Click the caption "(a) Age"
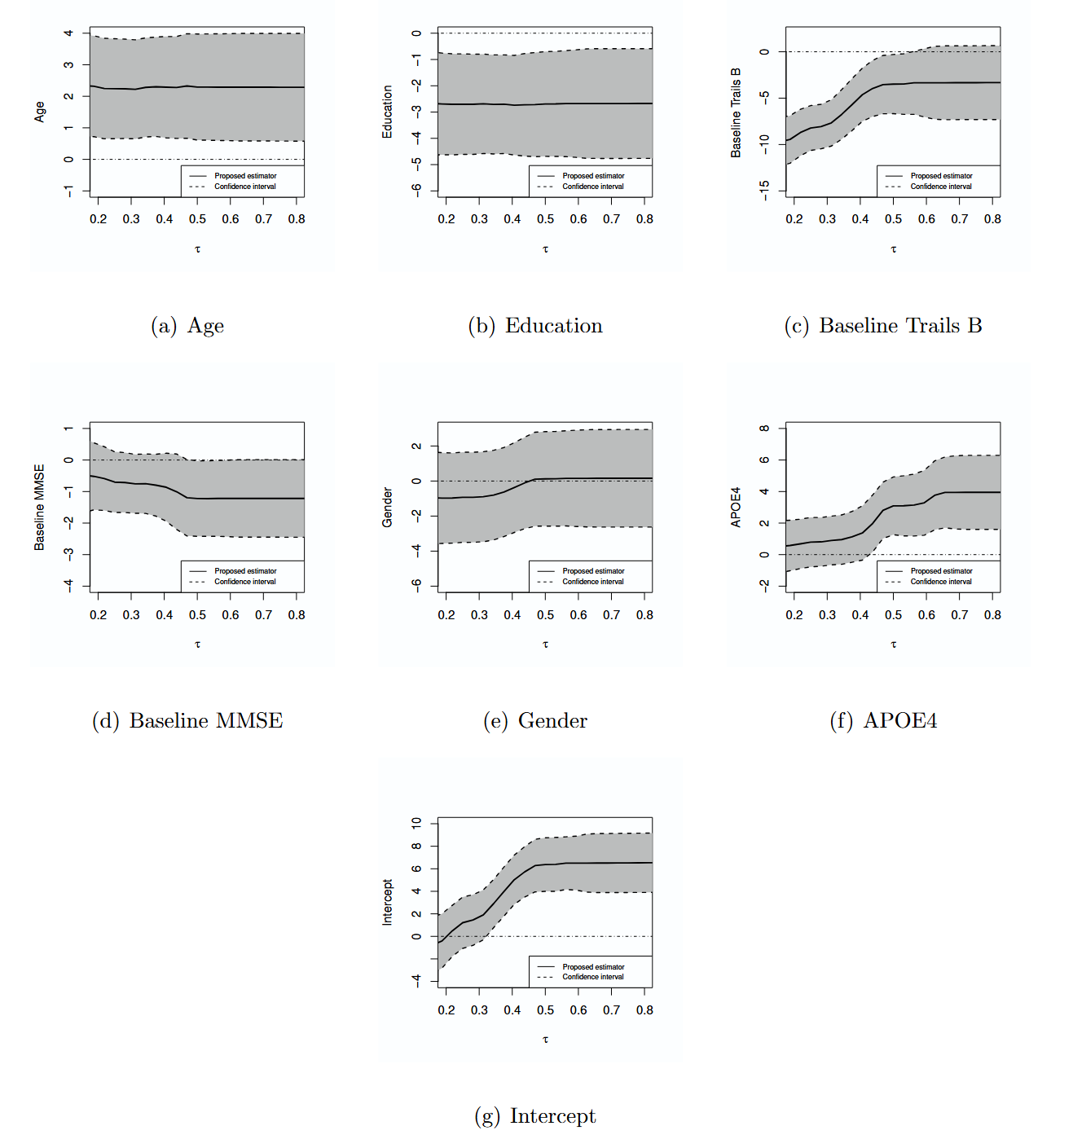click(x=187, y=326)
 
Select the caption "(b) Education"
click(x=535, y=326)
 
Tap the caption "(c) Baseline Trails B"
click(x=883, y=326)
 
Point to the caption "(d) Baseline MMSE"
click(x=187, y=721)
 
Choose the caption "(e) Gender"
click(x=535, y=721)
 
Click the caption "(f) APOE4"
click(x=883, y=721)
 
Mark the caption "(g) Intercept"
click(x=535, y=1116)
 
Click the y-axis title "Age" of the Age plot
click(x=39, y=112)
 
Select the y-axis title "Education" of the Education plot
click(x=387, y=112)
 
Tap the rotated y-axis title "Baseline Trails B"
click(x=736, y=112)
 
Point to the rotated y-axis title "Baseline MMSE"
click(x=39, y=507)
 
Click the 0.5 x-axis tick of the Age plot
click(x=197, y=219)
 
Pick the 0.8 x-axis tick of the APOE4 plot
click(x=992, y=615)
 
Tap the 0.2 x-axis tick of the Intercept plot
click(x=446, y=1010)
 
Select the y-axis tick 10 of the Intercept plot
click(x=416, y=824)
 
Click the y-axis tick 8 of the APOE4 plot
click(x=764, y=429)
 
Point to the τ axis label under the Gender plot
click(x=545, y=644)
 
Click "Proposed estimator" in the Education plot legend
click(x=593, y=176)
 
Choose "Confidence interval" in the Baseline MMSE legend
click(x=245, y=582)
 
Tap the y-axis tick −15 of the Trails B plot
click(x=764, y=190)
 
